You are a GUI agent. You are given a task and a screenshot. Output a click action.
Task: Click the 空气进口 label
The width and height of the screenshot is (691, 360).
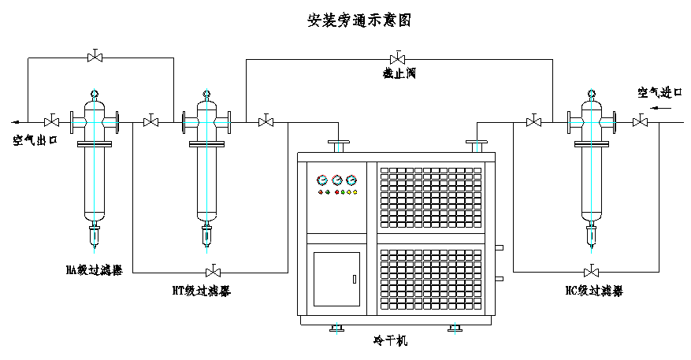(x=660, y=93)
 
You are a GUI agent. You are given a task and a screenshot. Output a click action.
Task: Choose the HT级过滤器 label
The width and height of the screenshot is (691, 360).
(x=202, y=291)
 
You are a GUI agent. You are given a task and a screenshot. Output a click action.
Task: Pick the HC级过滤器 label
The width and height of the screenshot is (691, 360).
(x=593, y=291)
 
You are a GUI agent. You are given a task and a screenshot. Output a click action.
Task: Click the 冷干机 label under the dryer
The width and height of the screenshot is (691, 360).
(x=392, y=341)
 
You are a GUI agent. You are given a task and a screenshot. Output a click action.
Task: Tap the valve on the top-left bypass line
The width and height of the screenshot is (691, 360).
(x=95, y=57)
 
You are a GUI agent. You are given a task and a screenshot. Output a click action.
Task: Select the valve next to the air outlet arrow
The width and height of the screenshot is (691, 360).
(x=53, y=121)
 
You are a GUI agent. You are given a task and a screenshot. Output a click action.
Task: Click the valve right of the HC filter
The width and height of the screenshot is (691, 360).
(x=640, y=121)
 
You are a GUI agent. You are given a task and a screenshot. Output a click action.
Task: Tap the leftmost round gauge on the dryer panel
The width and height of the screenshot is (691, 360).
(x=321, y=180)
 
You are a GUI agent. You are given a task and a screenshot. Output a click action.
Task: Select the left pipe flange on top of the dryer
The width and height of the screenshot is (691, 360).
(x=340, y=145)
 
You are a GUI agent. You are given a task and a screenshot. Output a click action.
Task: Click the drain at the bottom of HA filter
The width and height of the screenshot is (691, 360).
(x=95, y=234)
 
